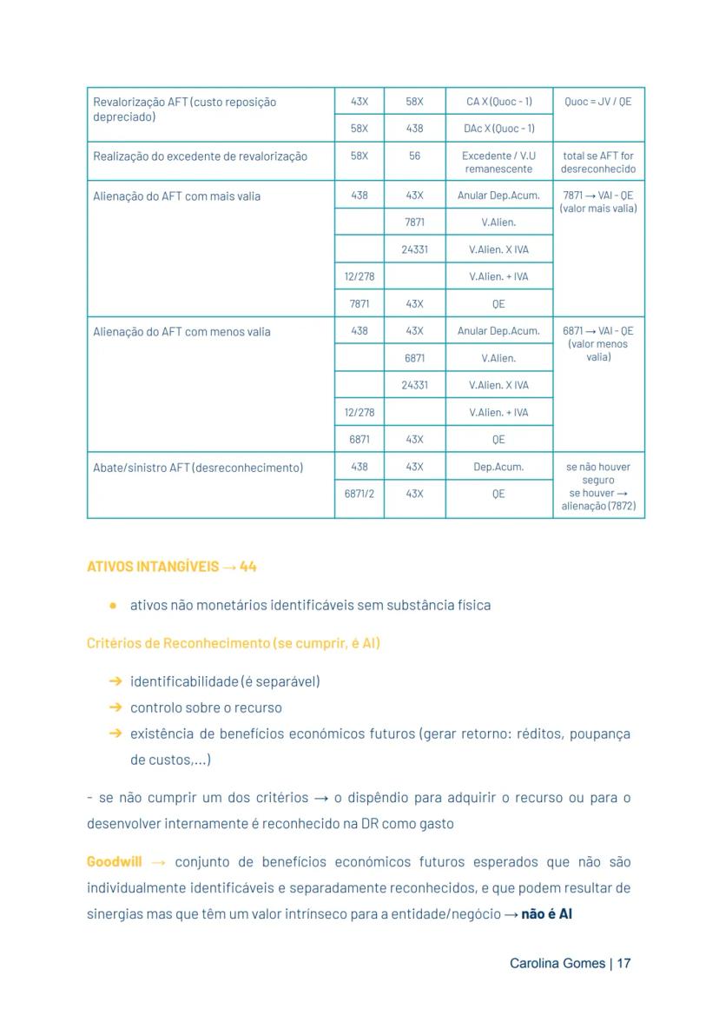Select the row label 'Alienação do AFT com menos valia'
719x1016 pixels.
click(181, 332)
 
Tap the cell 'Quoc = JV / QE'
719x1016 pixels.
click(597, 102)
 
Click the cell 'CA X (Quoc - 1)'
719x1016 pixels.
click(498, 102)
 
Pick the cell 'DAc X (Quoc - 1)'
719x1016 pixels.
click(498, 129)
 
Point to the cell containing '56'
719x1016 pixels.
click(414, 156)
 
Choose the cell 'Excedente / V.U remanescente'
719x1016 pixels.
click(498, 163)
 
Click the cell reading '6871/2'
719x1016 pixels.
click(359, 494)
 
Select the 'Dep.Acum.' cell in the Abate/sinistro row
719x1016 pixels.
click(498, 467)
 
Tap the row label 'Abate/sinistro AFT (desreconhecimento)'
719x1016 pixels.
click(198, 468)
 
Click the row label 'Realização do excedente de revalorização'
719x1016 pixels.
click(200, 156)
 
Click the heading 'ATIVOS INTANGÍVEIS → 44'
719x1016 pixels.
click(172, 567)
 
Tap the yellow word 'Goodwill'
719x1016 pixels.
click(114, 862)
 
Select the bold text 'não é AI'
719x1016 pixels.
click(546, 914)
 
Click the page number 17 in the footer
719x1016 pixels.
click(623, 964)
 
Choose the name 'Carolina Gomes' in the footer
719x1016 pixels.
click(557, 964)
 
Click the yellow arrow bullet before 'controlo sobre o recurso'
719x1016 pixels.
click(115, 707)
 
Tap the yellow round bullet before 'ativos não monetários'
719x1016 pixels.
click(113, 605)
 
